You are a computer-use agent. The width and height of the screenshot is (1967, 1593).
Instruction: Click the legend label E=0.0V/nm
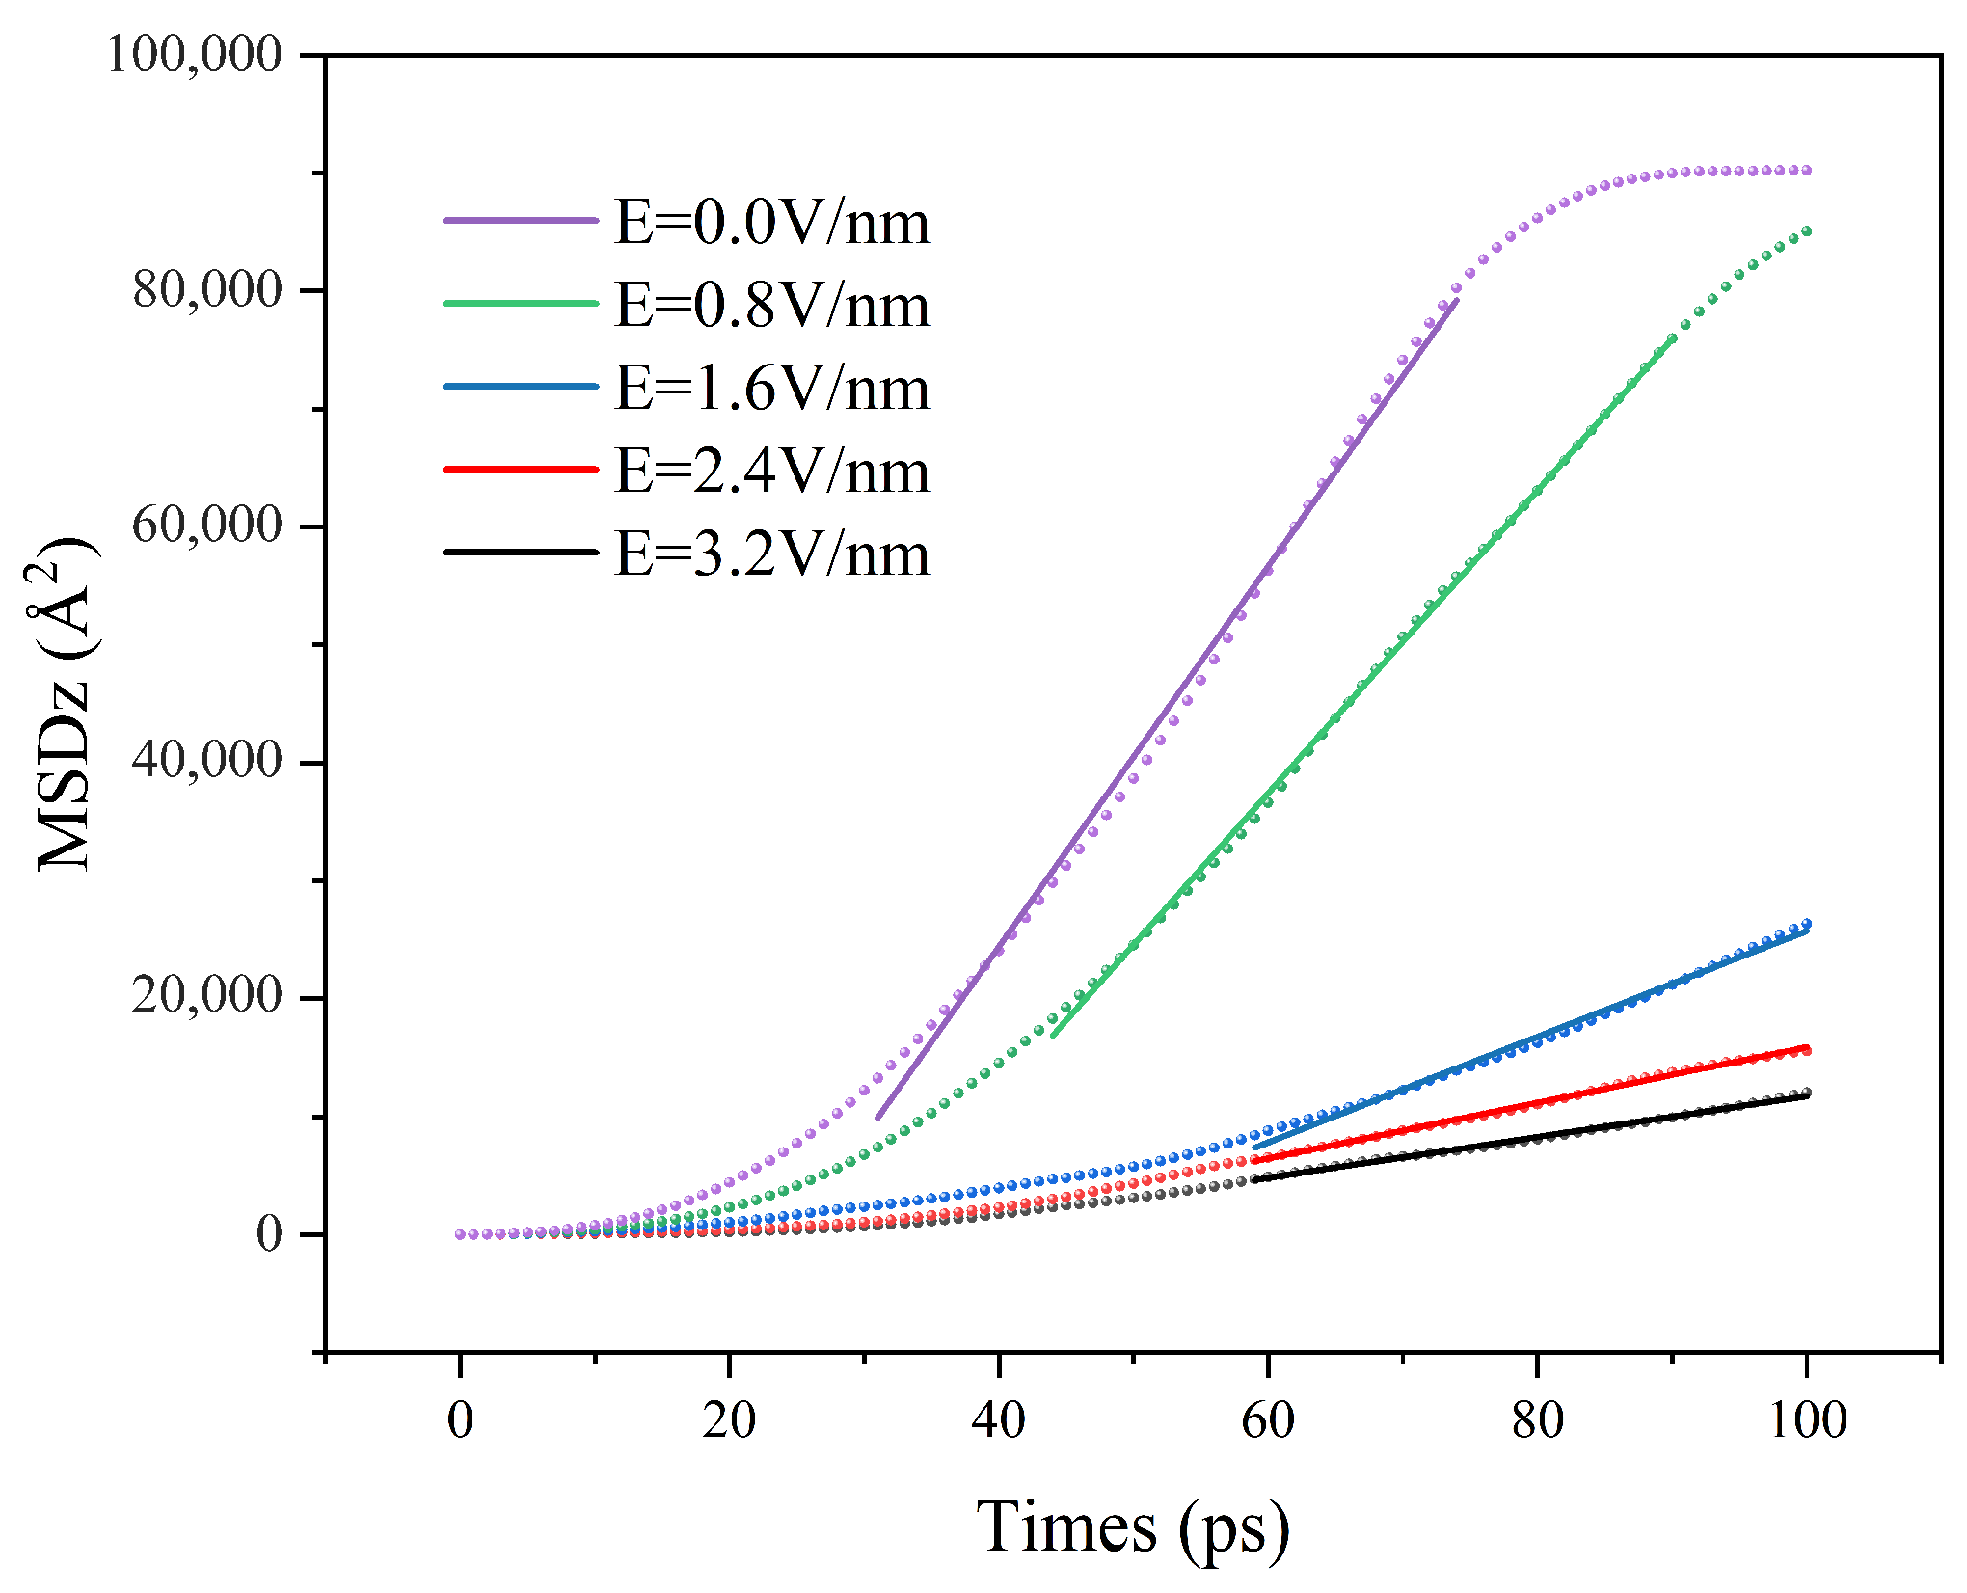772,222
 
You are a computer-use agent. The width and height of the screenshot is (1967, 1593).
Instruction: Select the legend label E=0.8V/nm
772,305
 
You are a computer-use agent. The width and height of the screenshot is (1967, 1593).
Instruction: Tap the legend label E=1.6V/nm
772,388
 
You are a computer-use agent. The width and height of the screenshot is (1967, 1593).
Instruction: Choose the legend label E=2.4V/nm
772,471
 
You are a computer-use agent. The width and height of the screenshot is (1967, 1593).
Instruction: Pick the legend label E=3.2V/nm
772,553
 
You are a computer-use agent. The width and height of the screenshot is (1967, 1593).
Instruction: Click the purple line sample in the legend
521,220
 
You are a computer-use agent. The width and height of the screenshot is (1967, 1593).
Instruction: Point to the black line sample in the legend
521,552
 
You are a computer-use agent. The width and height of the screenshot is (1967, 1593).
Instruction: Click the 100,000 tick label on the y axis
194,54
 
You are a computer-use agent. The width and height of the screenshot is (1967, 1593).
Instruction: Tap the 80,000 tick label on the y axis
207,289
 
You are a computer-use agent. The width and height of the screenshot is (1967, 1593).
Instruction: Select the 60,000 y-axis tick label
207,526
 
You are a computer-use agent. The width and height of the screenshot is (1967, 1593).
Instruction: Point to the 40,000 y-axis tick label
207,762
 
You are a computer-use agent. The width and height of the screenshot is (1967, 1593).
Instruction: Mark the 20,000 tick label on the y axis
207,997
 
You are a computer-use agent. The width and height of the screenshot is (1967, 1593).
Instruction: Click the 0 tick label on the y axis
270,1233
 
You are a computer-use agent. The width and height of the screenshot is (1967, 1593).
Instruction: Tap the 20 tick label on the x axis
730,1419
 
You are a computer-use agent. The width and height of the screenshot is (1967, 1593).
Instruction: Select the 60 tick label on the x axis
1268,1419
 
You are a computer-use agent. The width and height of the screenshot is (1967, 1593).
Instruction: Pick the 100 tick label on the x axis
1807,1419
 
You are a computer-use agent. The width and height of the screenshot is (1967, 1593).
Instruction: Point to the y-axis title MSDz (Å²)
64,704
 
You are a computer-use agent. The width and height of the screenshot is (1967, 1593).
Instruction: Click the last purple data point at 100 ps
1807,171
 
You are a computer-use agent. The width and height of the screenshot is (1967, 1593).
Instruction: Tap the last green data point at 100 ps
1807,231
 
